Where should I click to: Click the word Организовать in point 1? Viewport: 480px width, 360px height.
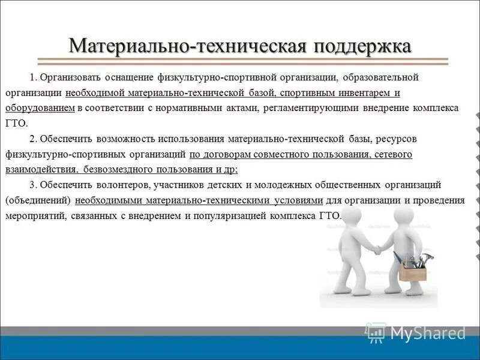[71, 78]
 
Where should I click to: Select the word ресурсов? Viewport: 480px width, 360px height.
[397, 139]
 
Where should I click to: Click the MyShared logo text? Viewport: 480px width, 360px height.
[427, 333]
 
